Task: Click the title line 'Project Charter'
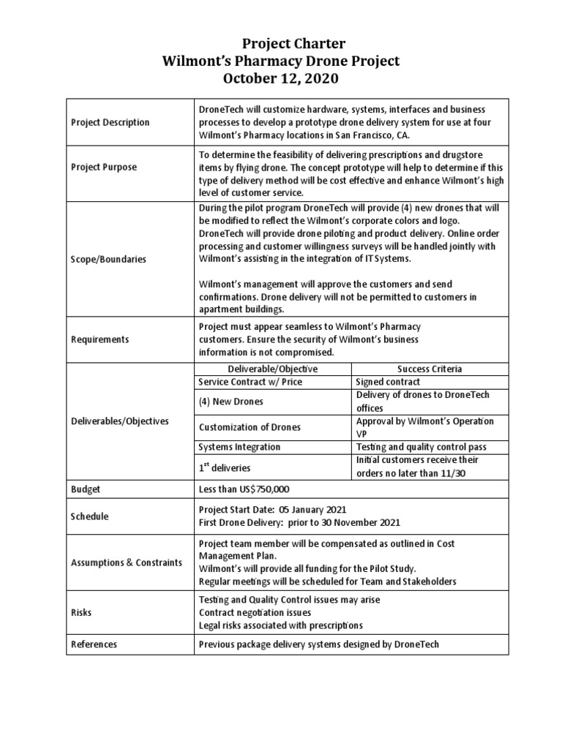point(281,45)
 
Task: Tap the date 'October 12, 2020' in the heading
point(281,78)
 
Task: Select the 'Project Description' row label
point(110,122)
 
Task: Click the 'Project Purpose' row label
point(103,167)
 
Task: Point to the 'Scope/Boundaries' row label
point(108,259)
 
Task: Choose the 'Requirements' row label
point(100,339)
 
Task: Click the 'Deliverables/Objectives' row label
point(120,421)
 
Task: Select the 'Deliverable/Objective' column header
point(272,369)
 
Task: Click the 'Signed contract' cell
point(388,382)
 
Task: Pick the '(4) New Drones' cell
point(231,402)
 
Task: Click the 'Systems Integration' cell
point(239,447)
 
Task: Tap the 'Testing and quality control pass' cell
point(421,447)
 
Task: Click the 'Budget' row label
point(85,489)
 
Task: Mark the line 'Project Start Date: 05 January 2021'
point(272,510)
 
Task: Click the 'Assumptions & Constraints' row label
point(126,562)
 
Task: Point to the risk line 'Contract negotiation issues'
point(255,612)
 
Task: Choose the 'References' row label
point(94,644)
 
